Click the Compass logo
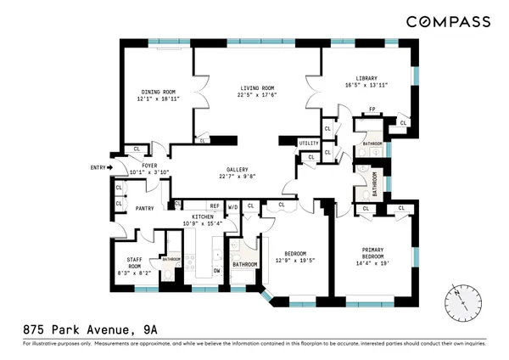(x=447, y=21)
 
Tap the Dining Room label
(x=158, y=93)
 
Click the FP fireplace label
(x=372, y=109)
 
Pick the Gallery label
(x=237, y=168)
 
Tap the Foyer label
(x=149, y=165)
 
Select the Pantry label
(x=144, y=207)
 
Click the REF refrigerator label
(x=215, y=206)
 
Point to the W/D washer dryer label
(x=232, y=206)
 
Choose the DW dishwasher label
(x=217, y=271)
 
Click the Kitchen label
(x=203, y=217)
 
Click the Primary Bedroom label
(x=373, y=254)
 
